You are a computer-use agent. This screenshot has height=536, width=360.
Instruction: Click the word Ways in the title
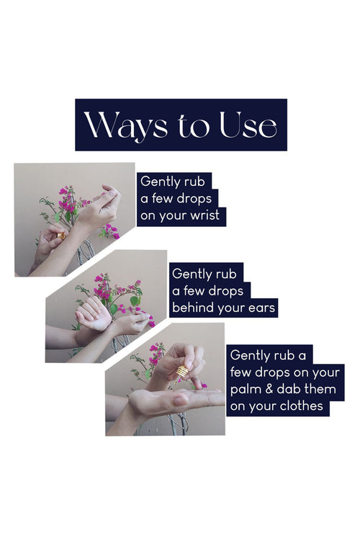[126, 126]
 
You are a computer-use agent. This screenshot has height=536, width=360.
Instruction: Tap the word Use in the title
[248, 125]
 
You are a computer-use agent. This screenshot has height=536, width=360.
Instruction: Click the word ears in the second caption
[261, 308]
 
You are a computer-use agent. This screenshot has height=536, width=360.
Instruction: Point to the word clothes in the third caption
[301, 406]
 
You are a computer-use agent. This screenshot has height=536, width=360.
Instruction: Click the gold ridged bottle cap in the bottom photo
[183, 372]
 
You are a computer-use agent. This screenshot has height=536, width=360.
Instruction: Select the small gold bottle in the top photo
[61, 236]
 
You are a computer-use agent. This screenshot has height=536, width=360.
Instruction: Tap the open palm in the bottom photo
[171, 399]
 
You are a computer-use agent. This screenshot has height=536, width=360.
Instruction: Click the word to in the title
[193, 126]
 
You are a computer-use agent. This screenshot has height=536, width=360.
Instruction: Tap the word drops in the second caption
[226, 292]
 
